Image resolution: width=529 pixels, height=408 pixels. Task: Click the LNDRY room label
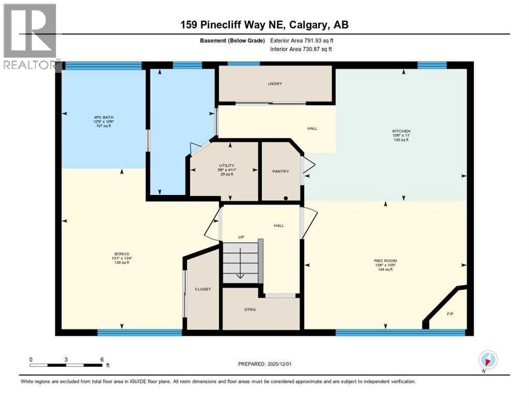point(275,84)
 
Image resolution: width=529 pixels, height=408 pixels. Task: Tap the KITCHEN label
point(401,131)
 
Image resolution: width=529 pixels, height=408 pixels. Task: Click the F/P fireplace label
point(450,314)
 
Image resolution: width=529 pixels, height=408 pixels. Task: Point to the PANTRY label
point(280,171)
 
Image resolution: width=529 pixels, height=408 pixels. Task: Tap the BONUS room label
point(122,254)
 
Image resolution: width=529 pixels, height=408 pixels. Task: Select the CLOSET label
point(202,290)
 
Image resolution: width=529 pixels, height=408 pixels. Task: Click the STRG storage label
point(250,309)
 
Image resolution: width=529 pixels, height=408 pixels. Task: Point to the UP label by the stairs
point(241,237)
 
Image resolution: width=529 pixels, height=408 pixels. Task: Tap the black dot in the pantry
point(286,198)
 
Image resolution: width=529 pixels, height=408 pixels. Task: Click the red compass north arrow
point(487,359)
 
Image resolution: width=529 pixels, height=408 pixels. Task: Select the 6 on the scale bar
point(102,359)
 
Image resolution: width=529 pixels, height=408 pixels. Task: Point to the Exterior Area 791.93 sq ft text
point(302,40)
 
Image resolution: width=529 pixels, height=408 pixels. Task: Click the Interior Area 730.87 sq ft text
point(302,49)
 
